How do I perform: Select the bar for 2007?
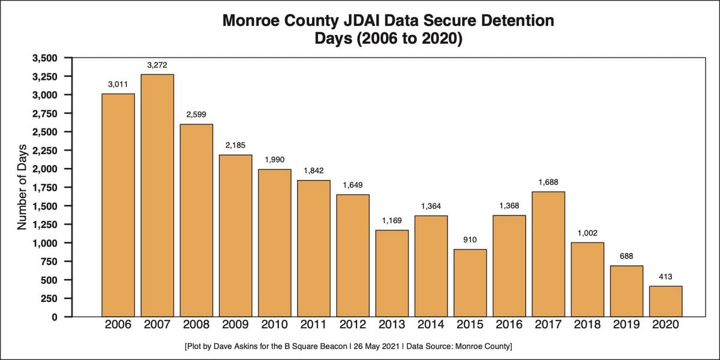[157, 195]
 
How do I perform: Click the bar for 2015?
[470, 283]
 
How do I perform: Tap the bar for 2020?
[665, 301]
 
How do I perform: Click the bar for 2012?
[353, 255]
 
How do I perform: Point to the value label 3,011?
[118, 85]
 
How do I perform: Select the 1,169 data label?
[392, 221]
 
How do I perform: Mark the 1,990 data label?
[274, 160]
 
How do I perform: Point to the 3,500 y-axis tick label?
[52, 58]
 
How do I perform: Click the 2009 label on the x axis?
[235, 325]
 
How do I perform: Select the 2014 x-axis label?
[431, 325]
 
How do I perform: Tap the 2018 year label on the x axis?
[587, 325]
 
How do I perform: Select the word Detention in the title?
[517, 22]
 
